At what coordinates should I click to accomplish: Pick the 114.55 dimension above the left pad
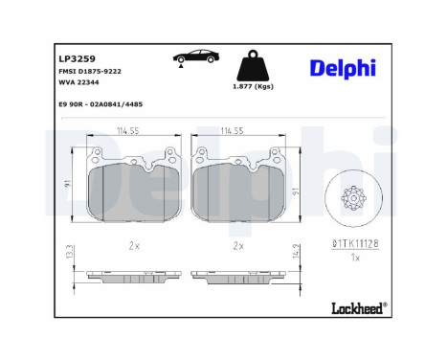coord(128,131)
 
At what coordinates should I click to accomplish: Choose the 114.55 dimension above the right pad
coord(235,131)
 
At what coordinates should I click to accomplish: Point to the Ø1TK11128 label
coord(354,245)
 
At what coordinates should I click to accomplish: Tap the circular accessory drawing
coord(354,198)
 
